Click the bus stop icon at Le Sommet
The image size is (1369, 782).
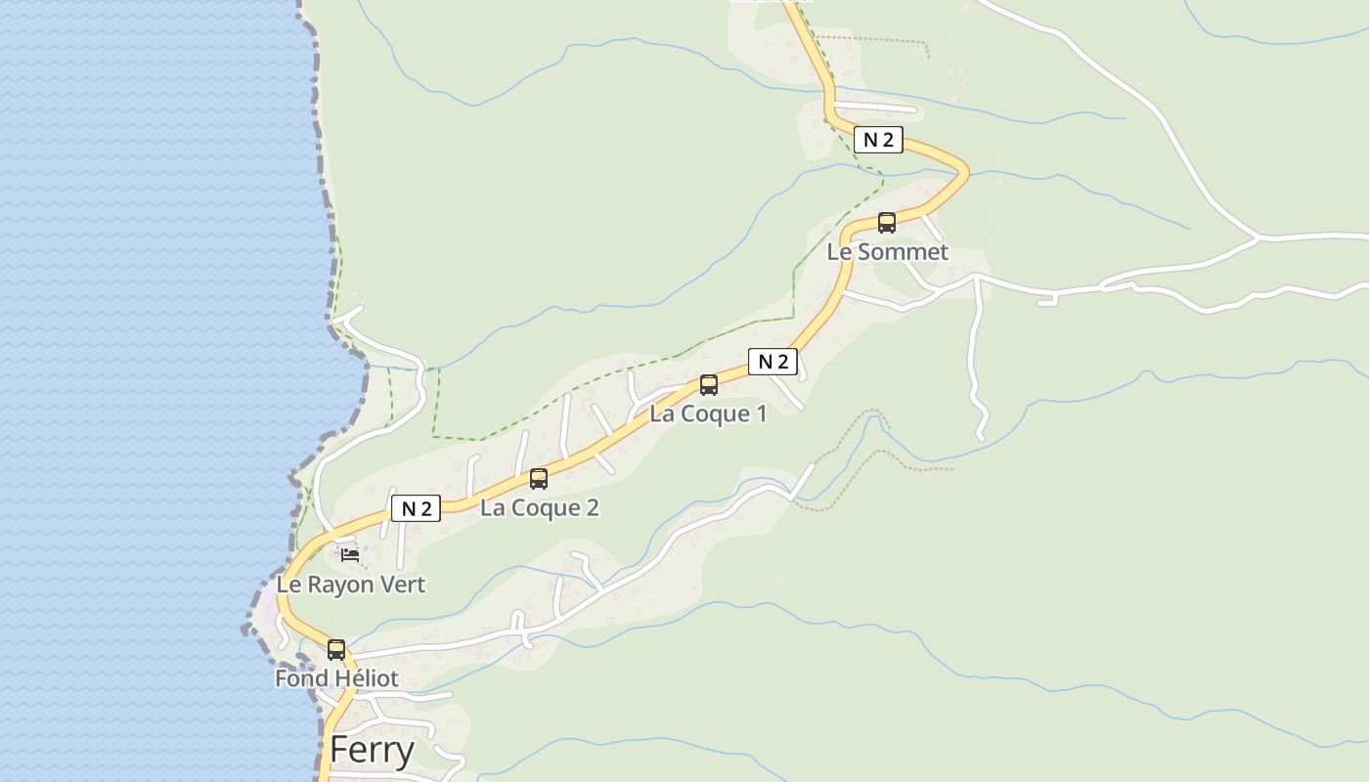887,223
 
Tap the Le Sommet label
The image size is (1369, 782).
887,252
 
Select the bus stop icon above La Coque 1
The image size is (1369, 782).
709,385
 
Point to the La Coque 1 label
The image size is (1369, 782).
708,413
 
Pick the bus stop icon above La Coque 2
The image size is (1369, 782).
539,479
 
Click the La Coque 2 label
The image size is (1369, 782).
539,507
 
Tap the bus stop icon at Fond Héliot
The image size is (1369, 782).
336,650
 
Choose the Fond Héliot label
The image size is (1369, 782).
336,678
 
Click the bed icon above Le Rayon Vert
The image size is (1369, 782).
350,555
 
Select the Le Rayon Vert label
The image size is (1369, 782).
351,585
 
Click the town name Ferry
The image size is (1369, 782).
372,750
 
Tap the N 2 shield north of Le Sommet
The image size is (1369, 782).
878,140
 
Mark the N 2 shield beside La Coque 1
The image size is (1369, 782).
773,362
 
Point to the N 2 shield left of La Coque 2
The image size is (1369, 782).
416,508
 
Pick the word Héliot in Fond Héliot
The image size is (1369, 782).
364,678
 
